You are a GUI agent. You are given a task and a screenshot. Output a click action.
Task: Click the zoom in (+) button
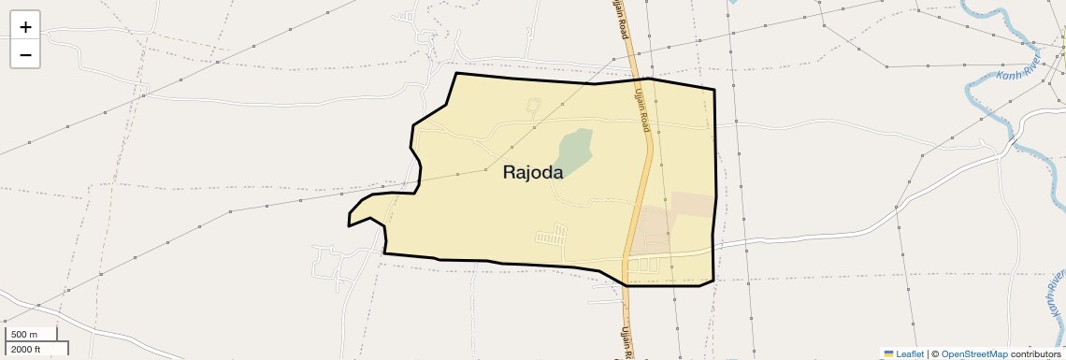25,27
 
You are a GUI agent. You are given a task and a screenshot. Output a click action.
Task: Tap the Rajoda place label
533,172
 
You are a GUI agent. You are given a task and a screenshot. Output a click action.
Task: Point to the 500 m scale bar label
24,335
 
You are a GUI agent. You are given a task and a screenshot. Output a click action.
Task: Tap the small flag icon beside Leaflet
888,353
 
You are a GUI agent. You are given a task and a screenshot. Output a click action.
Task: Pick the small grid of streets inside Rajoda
551,234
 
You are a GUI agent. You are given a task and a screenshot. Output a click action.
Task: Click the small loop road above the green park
534,106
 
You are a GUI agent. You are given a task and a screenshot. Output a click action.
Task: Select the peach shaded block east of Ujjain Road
693,205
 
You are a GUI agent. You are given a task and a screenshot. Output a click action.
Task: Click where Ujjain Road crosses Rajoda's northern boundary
641,79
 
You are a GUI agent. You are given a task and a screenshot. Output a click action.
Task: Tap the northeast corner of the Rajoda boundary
714,90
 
